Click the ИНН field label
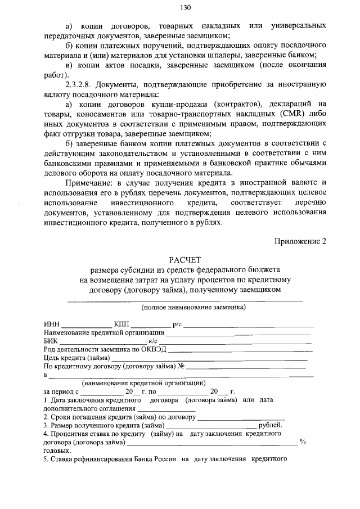(x=51, y=325)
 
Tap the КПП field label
(x=121, y=325)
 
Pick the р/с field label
(x=177, y=325)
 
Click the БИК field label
(x=51, y=341)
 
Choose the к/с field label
(x=153, y=341)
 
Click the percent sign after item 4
(x=303, y=442)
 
